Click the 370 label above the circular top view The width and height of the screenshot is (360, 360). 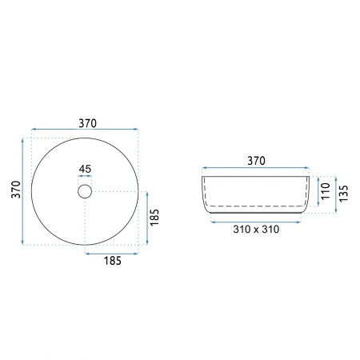click(87, 123)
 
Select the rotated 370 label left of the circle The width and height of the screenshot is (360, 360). click(17, 190)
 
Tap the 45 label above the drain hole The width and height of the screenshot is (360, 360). click(85, 169)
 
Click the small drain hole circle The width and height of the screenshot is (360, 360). click(85, 191)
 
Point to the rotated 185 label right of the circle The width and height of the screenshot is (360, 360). click(154, 217)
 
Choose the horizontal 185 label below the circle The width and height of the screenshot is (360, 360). click(112, 261)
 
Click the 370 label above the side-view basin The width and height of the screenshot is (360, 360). click(256, 161)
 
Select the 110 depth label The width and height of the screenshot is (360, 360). click(326, 191)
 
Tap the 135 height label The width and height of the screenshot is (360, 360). click(343, 194)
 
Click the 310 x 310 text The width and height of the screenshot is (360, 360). click(256, 229)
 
